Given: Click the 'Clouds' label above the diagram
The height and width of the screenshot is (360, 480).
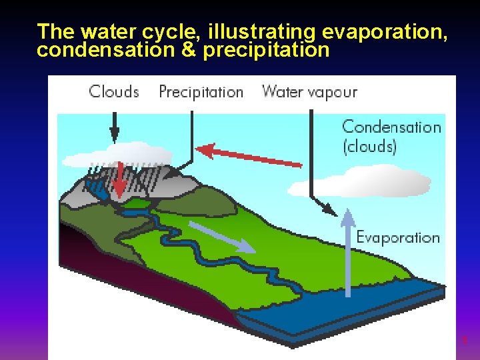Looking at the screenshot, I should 114,91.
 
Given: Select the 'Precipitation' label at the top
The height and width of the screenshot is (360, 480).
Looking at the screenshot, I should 201,92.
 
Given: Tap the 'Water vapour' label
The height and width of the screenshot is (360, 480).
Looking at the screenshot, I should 309,91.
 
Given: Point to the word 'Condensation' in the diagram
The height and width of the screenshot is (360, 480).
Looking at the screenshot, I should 391,127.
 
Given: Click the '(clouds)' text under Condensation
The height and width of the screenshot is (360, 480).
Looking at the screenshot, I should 369,146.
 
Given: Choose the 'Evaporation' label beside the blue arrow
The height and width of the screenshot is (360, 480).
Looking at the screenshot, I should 398,237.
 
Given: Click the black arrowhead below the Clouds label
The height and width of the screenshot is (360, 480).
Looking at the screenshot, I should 114,137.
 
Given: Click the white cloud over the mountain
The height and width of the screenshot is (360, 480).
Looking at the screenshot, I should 113,155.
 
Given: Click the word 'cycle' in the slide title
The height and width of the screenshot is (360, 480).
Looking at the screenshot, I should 172,31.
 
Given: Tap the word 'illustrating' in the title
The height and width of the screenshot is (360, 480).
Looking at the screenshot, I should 263,31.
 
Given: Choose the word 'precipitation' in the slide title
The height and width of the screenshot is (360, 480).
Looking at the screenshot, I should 266,50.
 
